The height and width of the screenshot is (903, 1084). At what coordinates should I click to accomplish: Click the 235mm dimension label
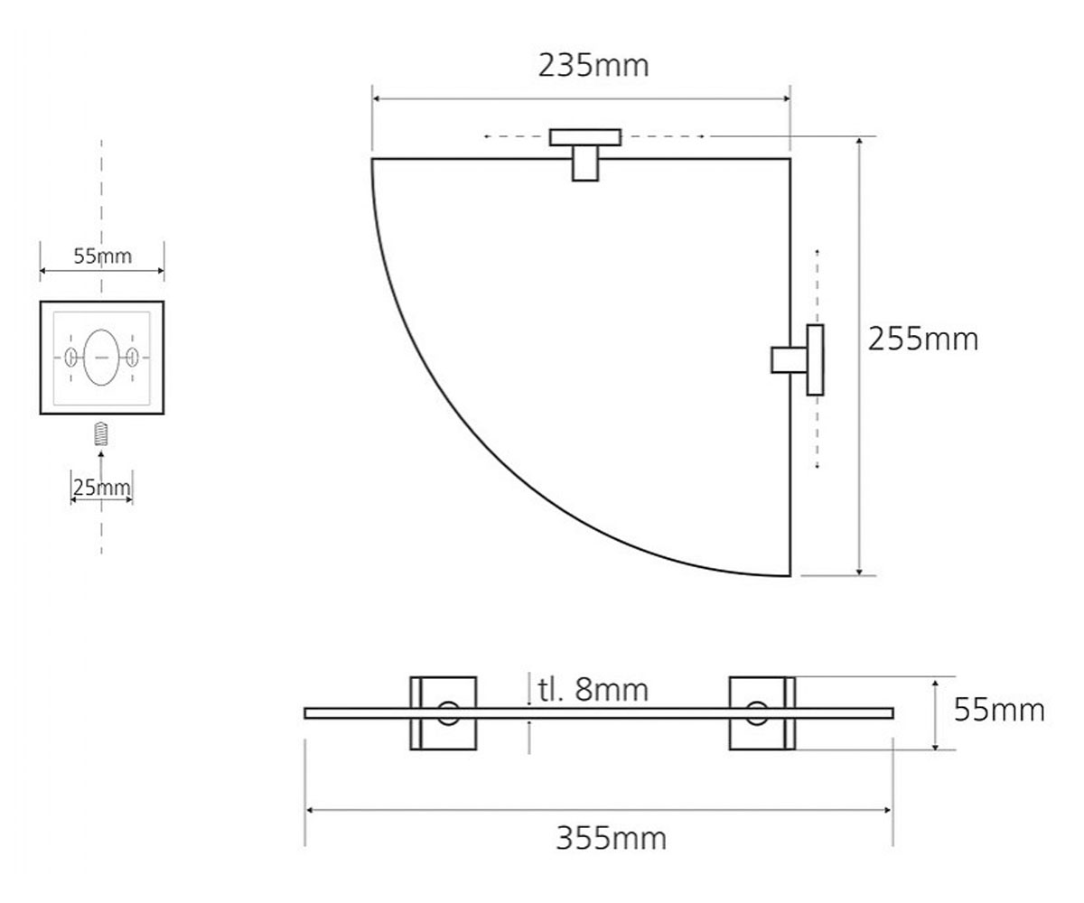pos(593,66)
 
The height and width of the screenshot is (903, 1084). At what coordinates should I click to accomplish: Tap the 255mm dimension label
pos(922,340)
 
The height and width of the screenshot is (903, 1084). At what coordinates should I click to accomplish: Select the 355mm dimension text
pos(611,838)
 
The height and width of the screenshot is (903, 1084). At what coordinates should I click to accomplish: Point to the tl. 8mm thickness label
pos(593,690)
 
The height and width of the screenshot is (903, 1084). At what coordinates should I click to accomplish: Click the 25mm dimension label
pos(101,488)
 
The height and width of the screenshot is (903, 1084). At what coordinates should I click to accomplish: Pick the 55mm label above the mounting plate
pos(102,256)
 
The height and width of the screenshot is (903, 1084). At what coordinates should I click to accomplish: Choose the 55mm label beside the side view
pos(999,710)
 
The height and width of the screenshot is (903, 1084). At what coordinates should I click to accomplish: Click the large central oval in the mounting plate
pos(101,357)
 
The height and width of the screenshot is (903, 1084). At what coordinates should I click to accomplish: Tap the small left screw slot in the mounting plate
pos(70,357)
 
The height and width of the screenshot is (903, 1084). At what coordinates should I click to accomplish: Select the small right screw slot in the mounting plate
pos(133,357)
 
